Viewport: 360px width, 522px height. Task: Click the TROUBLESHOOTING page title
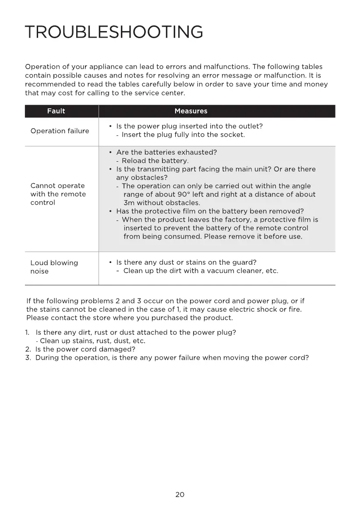pos(114,32)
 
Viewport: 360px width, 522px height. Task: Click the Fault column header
pos(56,111)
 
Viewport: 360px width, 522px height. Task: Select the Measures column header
pos(191,111)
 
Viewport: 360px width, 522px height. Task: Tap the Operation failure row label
pos(60,131)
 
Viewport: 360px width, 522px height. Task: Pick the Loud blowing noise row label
pos(54,267)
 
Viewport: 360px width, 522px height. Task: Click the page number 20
pos(180,494)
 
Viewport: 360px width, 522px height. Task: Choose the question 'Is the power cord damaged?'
pos(85,349)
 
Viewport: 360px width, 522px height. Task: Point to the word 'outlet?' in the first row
pos(250,126)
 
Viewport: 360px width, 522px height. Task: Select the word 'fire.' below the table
pos(294,309)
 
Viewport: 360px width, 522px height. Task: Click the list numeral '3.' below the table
pos(28,358)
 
